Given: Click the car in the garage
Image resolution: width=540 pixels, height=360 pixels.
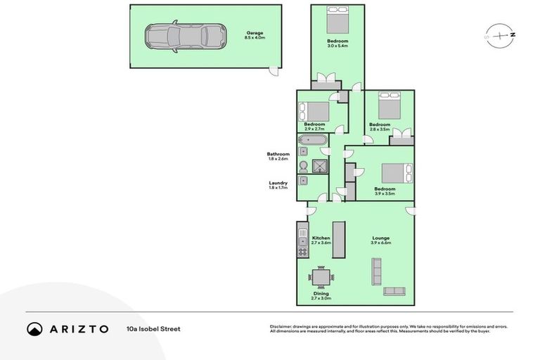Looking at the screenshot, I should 186,36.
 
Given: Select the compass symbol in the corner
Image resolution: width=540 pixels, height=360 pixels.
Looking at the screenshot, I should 500,34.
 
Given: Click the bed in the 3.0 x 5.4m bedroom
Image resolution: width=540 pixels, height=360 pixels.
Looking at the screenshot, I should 337,18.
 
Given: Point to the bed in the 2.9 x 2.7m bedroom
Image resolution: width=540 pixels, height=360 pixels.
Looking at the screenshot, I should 314,112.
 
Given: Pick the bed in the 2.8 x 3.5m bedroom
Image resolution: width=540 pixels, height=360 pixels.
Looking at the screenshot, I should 389,106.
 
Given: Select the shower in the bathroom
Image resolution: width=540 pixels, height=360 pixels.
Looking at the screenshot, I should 320,166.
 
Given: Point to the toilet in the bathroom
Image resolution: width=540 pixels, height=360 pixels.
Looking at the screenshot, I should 303,166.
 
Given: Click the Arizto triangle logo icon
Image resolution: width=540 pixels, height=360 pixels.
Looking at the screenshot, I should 35,328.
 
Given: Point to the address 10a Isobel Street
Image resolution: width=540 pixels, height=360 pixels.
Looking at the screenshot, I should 153,328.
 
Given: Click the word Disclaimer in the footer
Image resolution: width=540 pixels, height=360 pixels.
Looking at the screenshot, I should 281,326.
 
